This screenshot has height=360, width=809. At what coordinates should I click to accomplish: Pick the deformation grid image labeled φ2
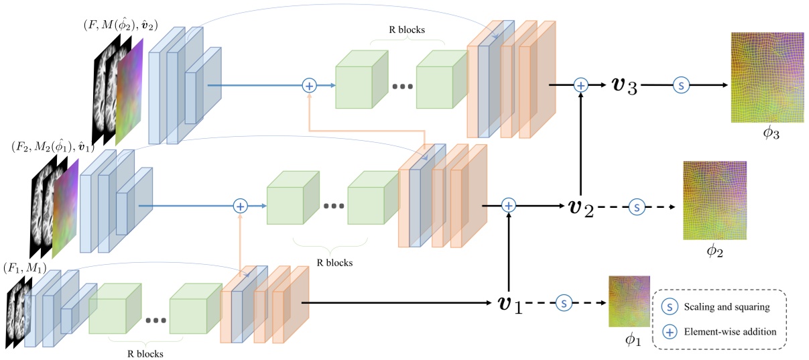pyautogui.click(x=714, y=200)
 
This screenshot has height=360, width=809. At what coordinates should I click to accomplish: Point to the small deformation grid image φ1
pyautogui.click(x=629, y=301)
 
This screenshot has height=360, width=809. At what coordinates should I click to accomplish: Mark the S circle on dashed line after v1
pyautogui.click(x=564, y=304)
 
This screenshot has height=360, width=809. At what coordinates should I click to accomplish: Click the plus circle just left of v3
pyautogui.click(x=580, y=85)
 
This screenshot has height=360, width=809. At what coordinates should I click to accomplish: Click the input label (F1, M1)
pyautogui.click(x=25, y=269)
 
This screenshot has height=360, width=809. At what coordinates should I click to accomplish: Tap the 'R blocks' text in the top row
pyautogui.click(x=408, y=30)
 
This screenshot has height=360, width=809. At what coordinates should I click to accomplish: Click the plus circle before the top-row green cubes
pyautogui.click(x=309, y=86)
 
